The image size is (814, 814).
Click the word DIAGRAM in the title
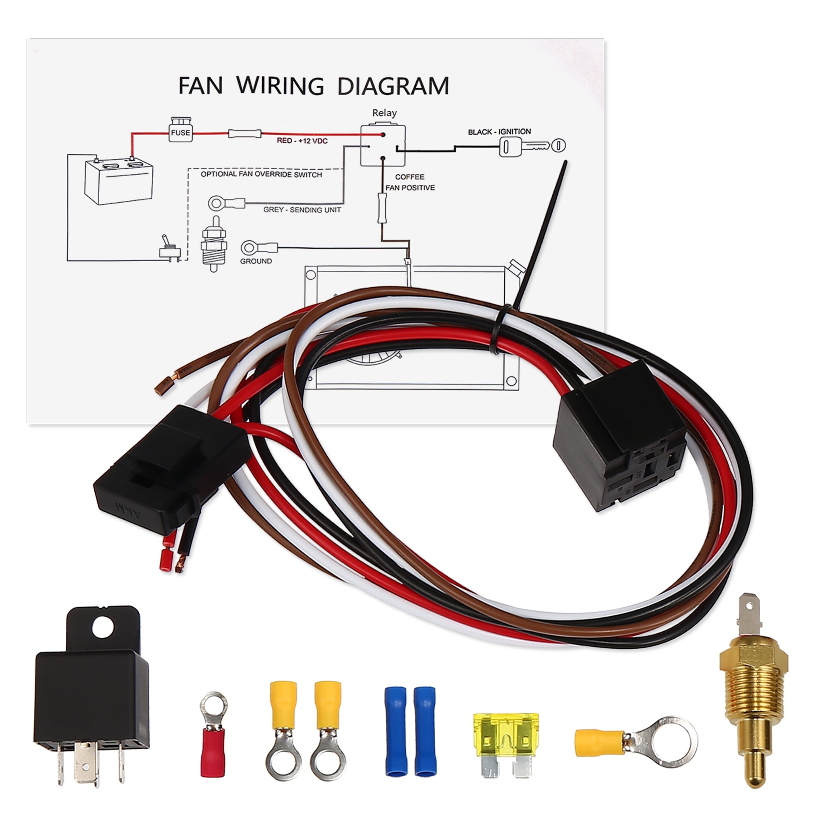pos(393,86)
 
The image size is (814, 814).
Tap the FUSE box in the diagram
pos(180,132)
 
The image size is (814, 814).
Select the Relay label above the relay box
pos(384,113)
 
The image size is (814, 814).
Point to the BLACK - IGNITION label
pos(499,132)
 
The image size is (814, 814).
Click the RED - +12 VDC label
pos(302,141)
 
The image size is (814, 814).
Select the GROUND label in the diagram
pos(256,261)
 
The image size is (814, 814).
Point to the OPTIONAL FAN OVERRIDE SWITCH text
pos(261,175)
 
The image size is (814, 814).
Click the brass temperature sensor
pos(753,691)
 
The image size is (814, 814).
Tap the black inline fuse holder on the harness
pos(168,468)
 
